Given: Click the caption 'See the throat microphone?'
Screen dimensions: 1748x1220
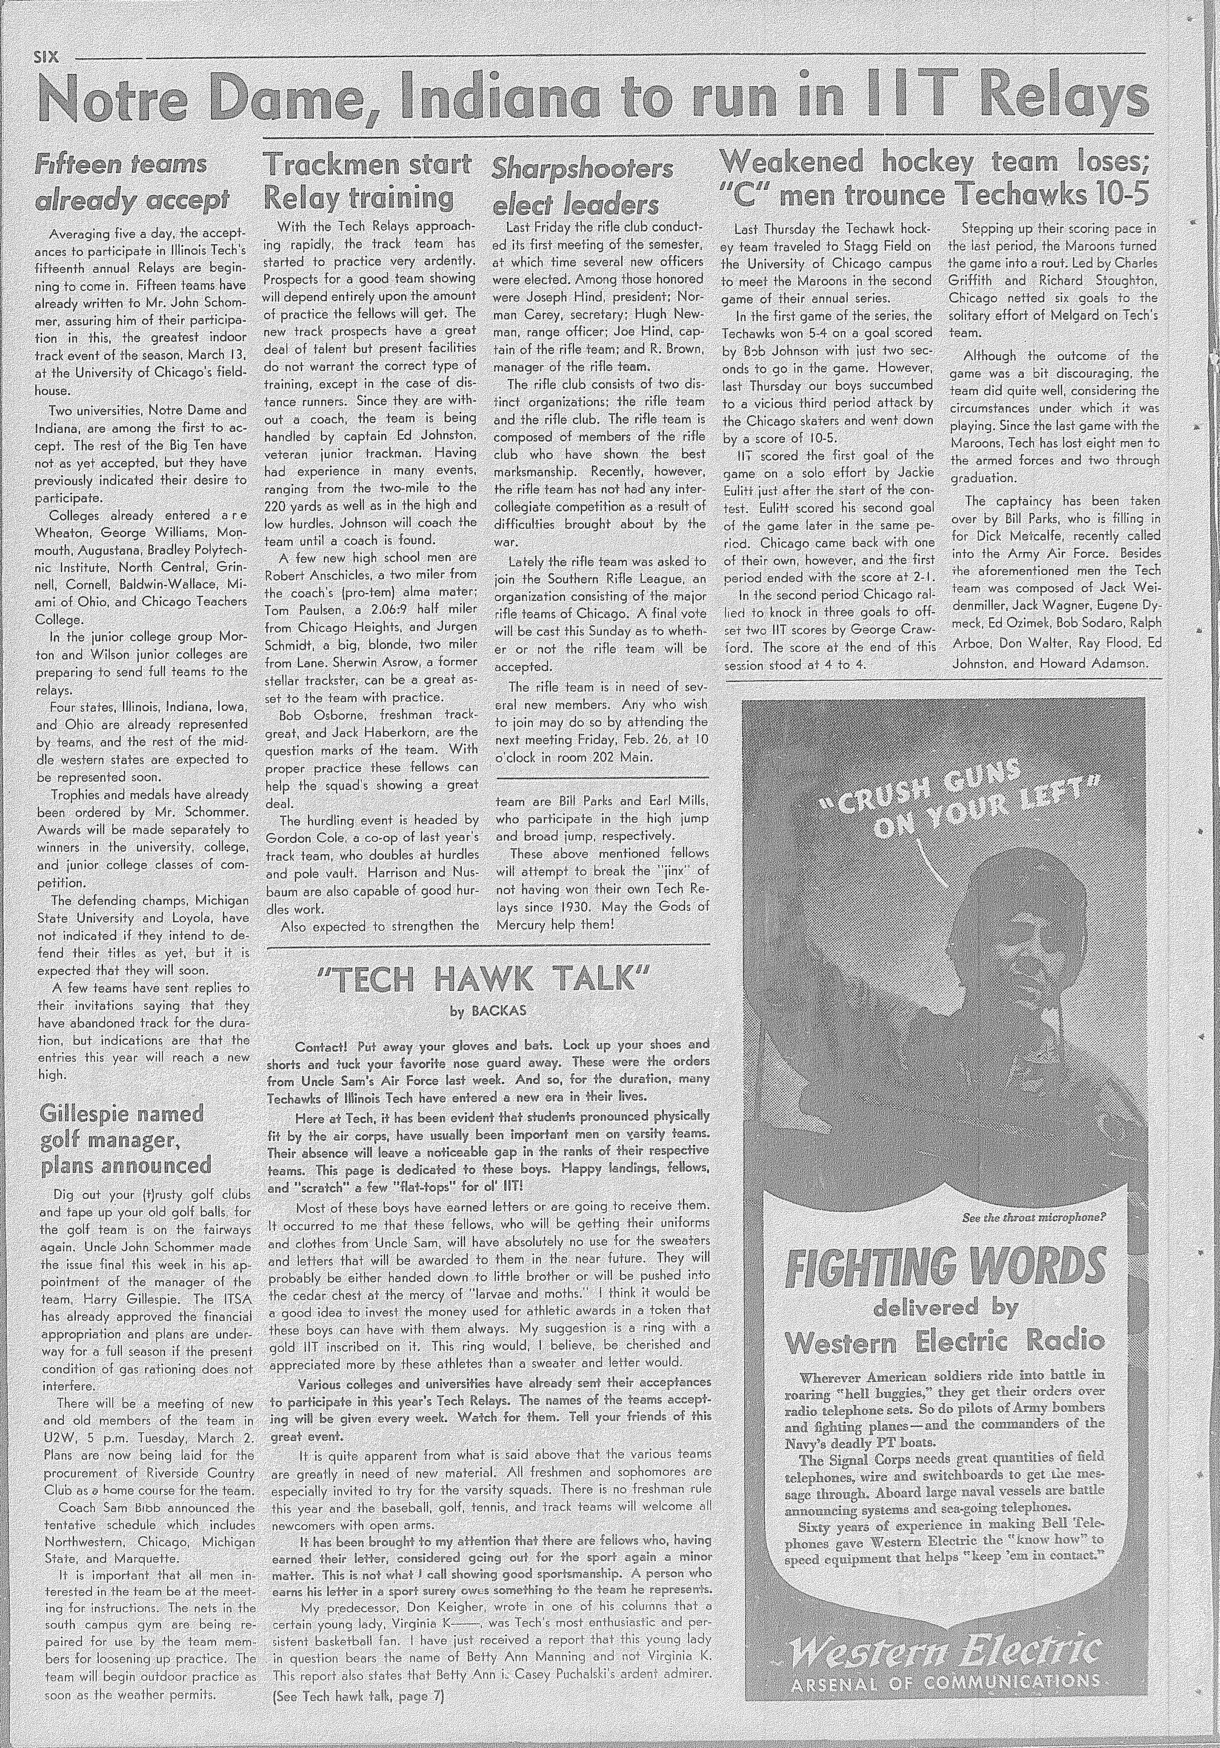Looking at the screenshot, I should coord(1034,1218).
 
